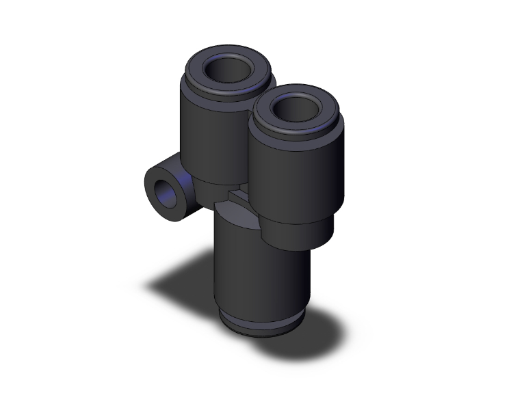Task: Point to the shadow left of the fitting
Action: (181, 280)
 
